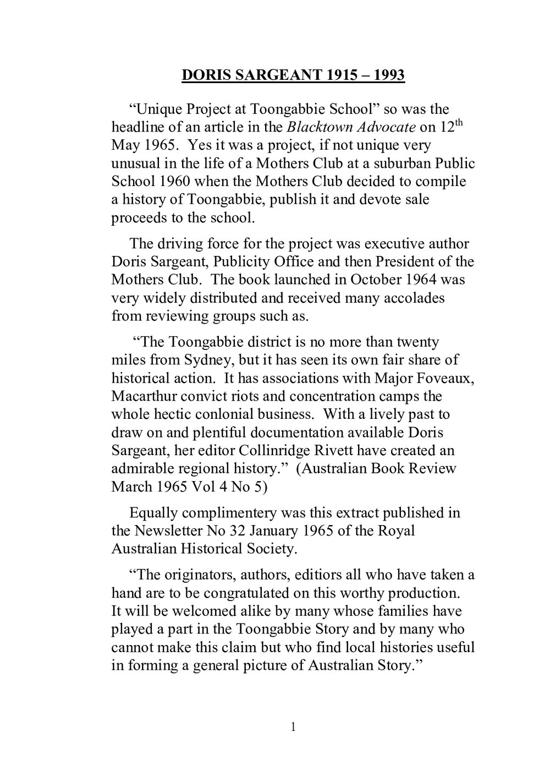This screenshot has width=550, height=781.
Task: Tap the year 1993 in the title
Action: [x=389, y=75]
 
